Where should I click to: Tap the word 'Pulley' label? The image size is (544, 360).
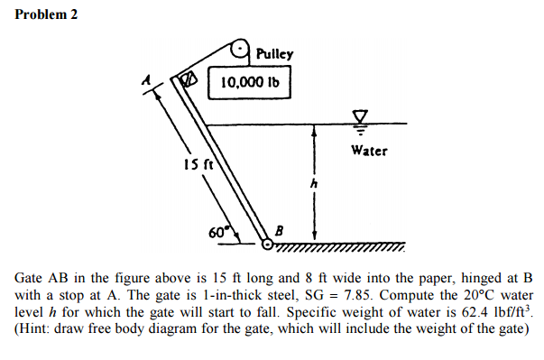pos(275,53)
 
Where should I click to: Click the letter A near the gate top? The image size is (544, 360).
pos(143,80)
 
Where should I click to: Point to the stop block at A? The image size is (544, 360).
pos(189,80)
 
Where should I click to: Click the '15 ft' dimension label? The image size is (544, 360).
pos(198,164)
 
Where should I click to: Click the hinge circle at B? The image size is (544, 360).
pos(267,243)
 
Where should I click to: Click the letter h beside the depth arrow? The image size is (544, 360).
pos(314,184)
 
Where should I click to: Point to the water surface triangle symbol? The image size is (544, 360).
pos(361,115)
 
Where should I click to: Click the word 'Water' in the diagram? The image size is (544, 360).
pos(369,150)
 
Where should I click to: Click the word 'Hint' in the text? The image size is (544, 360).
pos(38,329)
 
